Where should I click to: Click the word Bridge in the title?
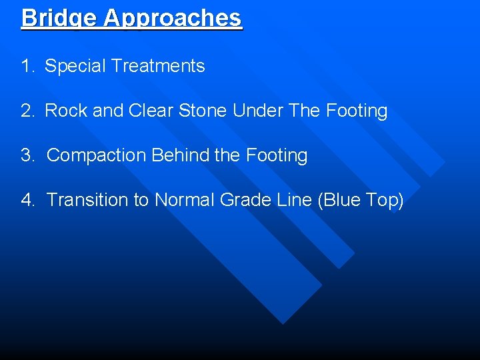point(59,17)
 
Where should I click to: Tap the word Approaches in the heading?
point(173,17)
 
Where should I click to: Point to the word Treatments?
point(158,66)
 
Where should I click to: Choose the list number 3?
point(27,155)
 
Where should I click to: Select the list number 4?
point(27,200)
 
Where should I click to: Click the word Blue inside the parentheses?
point(344,200)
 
